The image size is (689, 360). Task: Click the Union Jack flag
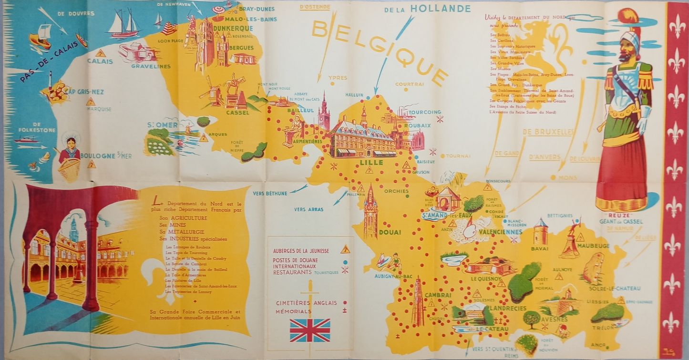point(310,330)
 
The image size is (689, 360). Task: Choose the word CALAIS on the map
point(100,62)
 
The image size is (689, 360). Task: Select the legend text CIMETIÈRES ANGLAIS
point(306,303)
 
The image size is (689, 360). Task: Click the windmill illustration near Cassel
point(212,93)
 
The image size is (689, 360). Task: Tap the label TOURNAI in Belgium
point(458,156)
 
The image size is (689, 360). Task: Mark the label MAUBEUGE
point(593,246)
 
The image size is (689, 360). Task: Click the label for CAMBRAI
point(438,295)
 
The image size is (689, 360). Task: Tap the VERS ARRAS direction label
point(309,209)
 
